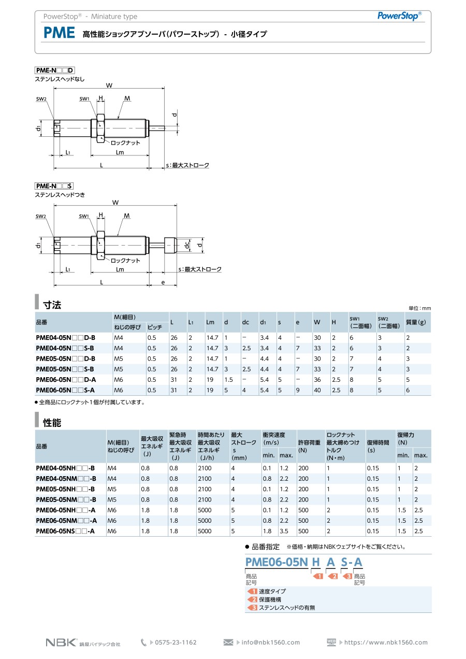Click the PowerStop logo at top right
tap(399, 16)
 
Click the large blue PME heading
tap(59, 33)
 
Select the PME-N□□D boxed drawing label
tap(55, 70)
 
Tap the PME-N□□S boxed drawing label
tap(54, 186)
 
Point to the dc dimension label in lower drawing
tap(187, 245)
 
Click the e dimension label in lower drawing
tap(163, 282)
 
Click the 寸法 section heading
tap(52, 305)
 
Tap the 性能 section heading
tap(52, 423)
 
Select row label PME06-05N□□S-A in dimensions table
tap(65, 390)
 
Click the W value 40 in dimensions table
tap(317, 390)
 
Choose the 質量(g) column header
tap(416, 322)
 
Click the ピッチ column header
tap(155, 327)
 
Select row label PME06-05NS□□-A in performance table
tap(65, 531)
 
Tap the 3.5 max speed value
tap(284, 531)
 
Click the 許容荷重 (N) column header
tap(309, 446)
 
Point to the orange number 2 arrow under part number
tap(332, 576)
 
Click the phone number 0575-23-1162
tap(176, 642)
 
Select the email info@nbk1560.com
tap(270, 642)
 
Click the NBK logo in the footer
tap(62, 642)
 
